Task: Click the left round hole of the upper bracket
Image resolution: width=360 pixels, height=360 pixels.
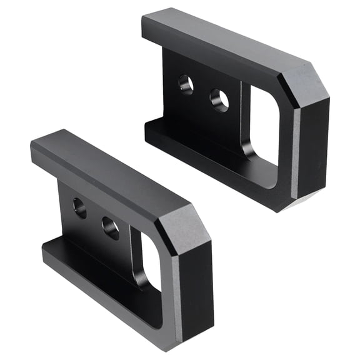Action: [186, 83]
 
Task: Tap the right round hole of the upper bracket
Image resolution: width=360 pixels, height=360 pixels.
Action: [219, 100]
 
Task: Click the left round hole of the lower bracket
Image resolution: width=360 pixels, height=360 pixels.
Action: [79, 207]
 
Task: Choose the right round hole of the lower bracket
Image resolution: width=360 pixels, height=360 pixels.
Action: [111, 227]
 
